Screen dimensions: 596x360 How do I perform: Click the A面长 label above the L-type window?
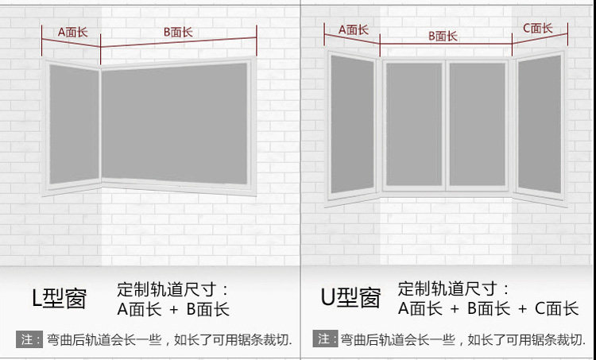coord(71,33)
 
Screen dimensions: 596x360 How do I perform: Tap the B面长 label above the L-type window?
coord(178,33)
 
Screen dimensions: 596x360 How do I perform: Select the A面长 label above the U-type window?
coord(354,30)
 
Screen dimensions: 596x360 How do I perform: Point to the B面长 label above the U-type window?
coord(443,36)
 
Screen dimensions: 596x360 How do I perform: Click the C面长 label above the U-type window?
coord(537,29)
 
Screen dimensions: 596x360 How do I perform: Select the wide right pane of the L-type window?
coord(175,123)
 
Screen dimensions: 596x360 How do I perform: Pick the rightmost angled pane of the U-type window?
coord(539,123)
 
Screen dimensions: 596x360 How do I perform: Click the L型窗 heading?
coord(60,299)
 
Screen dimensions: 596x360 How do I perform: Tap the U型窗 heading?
coord(350,299)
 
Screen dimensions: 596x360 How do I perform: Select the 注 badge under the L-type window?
coord(29,339)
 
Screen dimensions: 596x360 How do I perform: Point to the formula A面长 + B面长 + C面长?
coord(488,309)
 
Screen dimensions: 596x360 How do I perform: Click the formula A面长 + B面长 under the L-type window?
coord(173,309)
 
